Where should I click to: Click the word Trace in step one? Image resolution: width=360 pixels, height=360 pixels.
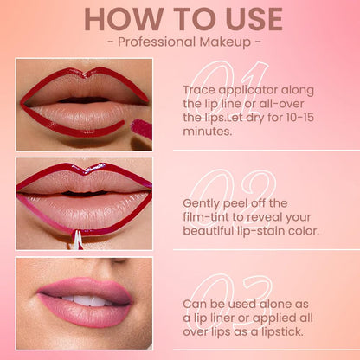pyautogui.click(x=200, y=90)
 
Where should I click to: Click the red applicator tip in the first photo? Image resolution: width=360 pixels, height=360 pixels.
pyautogui.click(x=141, y=129)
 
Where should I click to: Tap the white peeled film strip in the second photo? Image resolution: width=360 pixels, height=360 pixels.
pyautogui.click(x=78, y=239)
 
